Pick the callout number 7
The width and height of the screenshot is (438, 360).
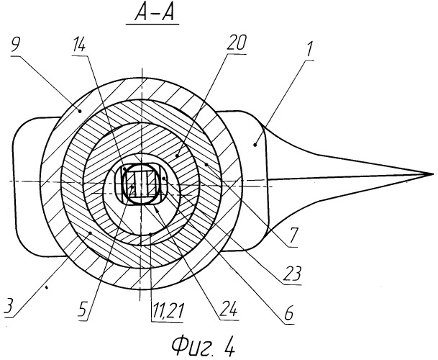293,235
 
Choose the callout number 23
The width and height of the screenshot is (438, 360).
293,274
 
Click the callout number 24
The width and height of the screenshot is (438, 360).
228,309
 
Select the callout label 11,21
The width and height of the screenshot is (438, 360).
167,310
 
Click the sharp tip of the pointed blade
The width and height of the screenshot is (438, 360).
433,174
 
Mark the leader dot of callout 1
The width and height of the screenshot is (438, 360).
255,145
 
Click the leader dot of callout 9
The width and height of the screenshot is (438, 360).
80,112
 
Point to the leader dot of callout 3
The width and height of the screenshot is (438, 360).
90,233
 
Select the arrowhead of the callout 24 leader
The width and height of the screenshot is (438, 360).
158,210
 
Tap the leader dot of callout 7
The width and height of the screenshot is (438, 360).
206,164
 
